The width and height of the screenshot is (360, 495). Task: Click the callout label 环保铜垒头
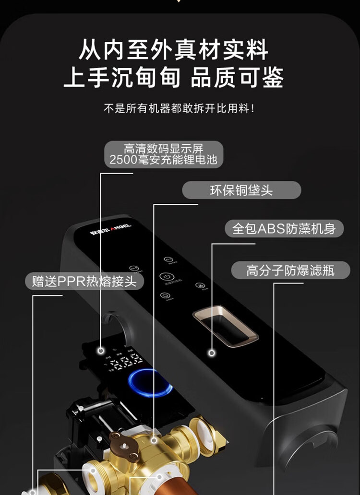[241, 190]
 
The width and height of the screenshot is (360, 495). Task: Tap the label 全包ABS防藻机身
[284, 228]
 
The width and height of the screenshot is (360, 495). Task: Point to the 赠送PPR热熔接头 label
[84, 281]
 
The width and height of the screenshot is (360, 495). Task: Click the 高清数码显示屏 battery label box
[164, 154]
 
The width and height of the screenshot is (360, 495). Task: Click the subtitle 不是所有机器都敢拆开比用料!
[179, 109]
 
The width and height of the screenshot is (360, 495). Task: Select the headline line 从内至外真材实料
[173, 50]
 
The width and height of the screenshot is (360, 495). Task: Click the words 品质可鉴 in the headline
[237, 78]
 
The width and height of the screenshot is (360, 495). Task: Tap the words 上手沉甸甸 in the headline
[122, 78]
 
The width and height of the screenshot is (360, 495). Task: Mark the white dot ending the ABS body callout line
[212, 353]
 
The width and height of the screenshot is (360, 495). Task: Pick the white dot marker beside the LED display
[101, 351]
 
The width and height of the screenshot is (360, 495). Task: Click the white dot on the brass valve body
[154, 439]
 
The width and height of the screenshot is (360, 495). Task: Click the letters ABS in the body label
[272, 228]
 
